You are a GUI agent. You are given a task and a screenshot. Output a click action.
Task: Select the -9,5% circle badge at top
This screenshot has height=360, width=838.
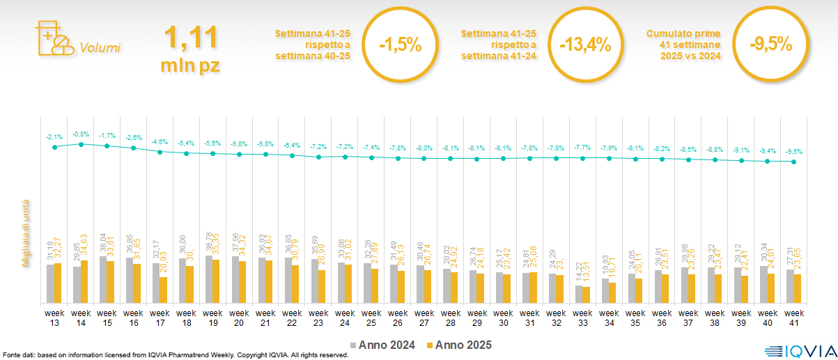[x=771, y=45]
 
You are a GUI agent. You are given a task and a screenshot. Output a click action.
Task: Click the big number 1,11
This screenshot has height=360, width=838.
[x=190, y=38]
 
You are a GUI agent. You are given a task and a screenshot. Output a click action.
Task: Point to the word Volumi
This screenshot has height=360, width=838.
[x=100, y=48]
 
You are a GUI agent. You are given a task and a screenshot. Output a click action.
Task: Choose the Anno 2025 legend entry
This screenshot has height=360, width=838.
[x=459, y=345]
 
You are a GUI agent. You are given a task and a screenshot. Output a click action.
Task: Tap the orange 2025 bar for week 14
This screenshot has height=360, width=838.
[x=84, y=282]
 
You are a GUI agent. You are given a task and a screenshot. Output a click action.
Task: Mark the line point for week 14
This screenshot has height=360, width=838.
[x=81, y=144]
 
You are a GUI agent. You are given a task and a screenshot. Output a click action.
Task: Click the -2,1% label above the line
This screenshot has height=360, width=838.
[x=54, y=136]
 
